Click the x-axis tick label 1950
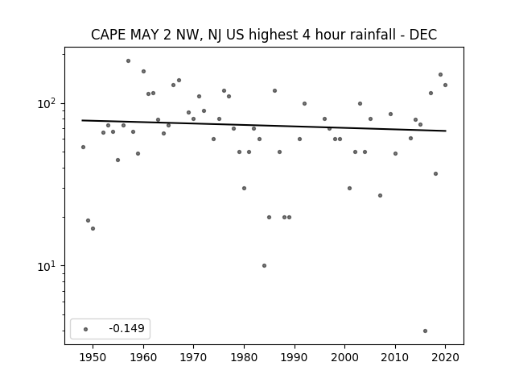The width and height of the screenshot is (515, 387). tap(93, 357)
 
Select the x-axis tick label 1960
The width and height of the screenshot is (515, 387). tap(143, 357)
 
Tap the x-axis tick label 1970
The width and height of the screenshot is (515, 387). tap(194, 357)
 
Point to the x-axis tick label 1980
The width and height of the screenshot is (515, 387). tap(244, 357)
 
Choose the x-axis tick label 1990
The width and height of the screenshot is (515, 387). tap(295, 357)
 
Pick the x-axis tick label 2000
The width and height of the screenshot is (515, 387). tap(345, 357)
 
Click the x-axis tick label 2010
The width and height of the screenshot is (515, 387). tap(395, 357)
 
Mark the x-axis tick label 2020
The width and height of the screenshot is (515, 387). tap(445, 357)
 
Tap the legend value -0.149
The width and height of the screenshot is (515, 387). tap(126, 328)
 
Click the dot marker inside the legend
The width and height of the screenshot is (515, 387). tap(86, 329)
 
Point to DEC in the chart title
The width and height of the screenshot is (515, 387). tap(423, 35)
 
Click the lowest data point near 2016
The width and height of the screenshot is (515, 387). tap(426, 331)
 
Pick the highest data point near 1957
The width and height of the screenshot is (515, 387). tap(129, 61)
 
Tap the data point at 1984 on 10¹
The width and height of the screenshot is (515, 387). tap(265, 265)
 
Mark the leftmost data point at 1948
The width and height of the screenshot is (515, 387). tap(83, 147)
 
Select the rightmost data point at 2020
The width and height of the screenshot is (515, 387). tap(445, 85)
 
